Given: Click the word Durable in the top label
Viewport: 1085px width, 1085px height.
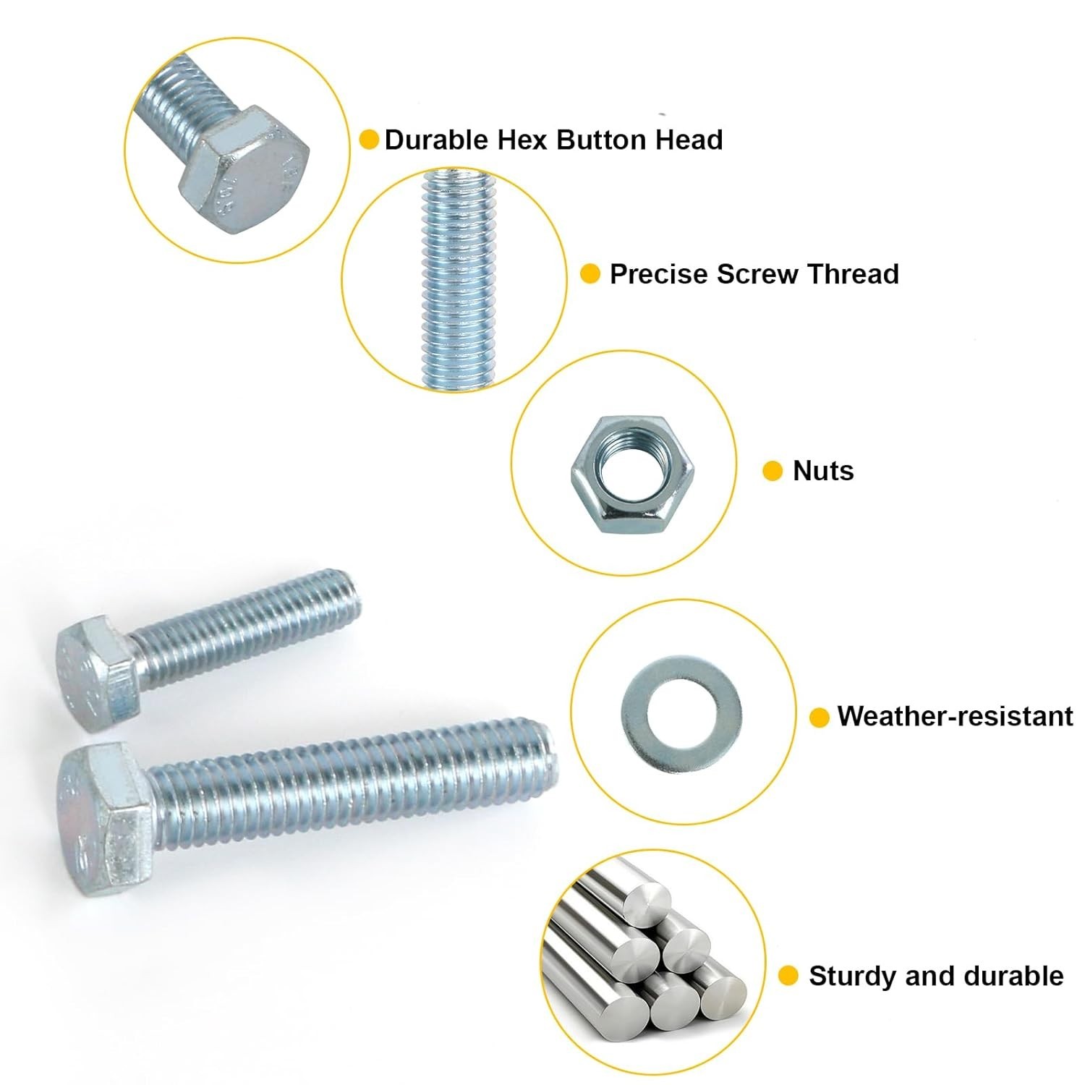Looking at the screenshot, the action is point(437,140).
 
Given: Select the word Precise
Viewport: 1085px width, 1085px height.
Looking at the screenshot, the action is point(658,274).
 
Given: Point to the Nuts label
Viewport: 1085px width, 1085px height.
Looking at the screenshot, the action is point(823,471).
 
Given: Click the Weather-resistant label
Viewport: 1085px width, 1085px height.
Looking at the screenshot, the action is point(955,716).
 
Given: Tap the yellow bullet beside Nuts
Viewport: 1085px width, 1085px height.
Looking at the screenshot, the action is point(773,471).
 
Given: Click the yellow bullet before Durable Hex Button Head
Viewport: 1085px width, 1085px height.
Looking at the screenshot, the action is point(369,140).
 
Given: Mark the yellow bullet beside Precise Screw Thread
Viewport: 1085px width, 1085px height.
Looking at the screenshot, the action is point(590,274).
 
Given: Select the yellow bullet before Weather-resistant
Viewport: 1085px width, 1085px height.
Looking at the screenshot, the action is point(819,717).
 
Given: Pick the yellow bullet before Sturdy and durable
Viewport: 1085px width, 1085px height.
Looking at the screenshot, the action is point(788,976).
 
